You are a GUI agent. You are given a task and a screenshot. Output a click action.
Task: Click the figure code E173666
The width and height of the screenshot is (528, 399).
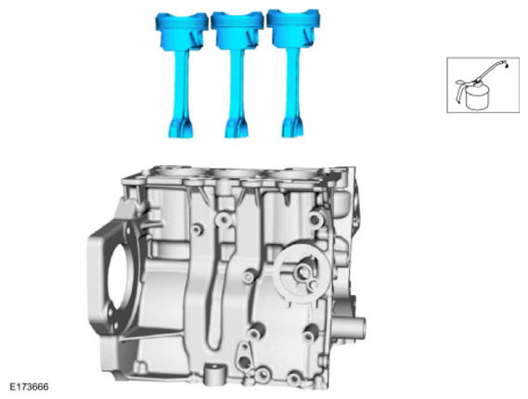click(x=29, y=387)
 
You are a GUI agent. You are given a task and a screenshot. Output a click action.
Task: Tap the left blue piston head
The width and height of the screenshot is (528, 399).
click(x=182, y=31)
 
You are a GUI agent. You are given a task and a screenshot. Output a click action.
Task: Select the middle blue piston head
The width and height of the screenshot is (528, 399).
click(x=238, y=31)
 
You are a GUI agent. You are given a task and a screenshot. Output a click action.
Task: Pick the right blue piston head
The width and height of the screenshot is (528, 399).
click(x=293, y=29)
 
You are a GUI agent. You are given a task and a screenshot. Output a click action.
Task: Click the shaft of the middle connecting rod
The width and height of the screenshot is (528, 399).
click(x=237, y=84)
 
